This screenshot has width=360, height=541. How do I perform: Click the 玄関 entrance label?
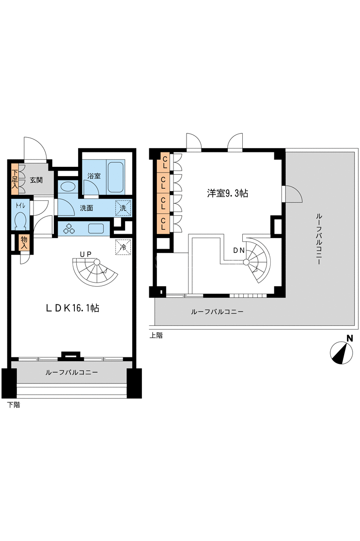(x=36, y=180)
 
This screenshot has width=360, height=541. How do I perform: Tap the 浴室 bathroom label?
(x=94, y=176)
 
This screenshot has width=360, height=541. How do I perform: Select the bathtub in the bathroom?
(x=116, y=176)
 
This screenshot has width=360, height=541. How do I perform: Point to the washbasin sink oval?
(x=68, y=187)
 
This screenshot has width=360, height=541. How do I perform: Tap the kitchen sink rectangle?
(x=96, y=228)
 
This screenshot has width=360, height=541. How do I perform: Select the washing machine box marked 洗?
(x=123, y=208)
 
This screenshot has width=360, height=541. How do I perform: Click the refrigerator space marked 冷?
(x=123, y=247)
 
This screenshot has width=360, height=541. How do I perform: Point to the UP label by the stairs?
(x=86, y=254)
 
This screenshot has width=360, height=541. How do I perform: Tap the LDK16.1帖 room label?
(x=73, y=308)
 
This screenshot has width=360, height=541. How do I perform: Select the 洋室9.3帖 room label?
(x=227, y=193)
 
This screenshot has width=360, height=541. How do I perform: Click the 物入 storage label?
(x=24, y=243)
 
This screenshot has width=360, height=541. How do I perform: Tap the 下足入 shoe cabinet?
(x=14, y=179)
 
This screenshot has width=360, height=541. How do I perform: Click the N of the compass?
(x=350, y=338)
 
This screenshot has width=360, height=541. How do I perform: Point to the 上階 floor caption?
(x=156, y=336)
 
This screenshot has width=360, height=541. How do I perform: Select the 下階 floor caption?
(x=14, y=405)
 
